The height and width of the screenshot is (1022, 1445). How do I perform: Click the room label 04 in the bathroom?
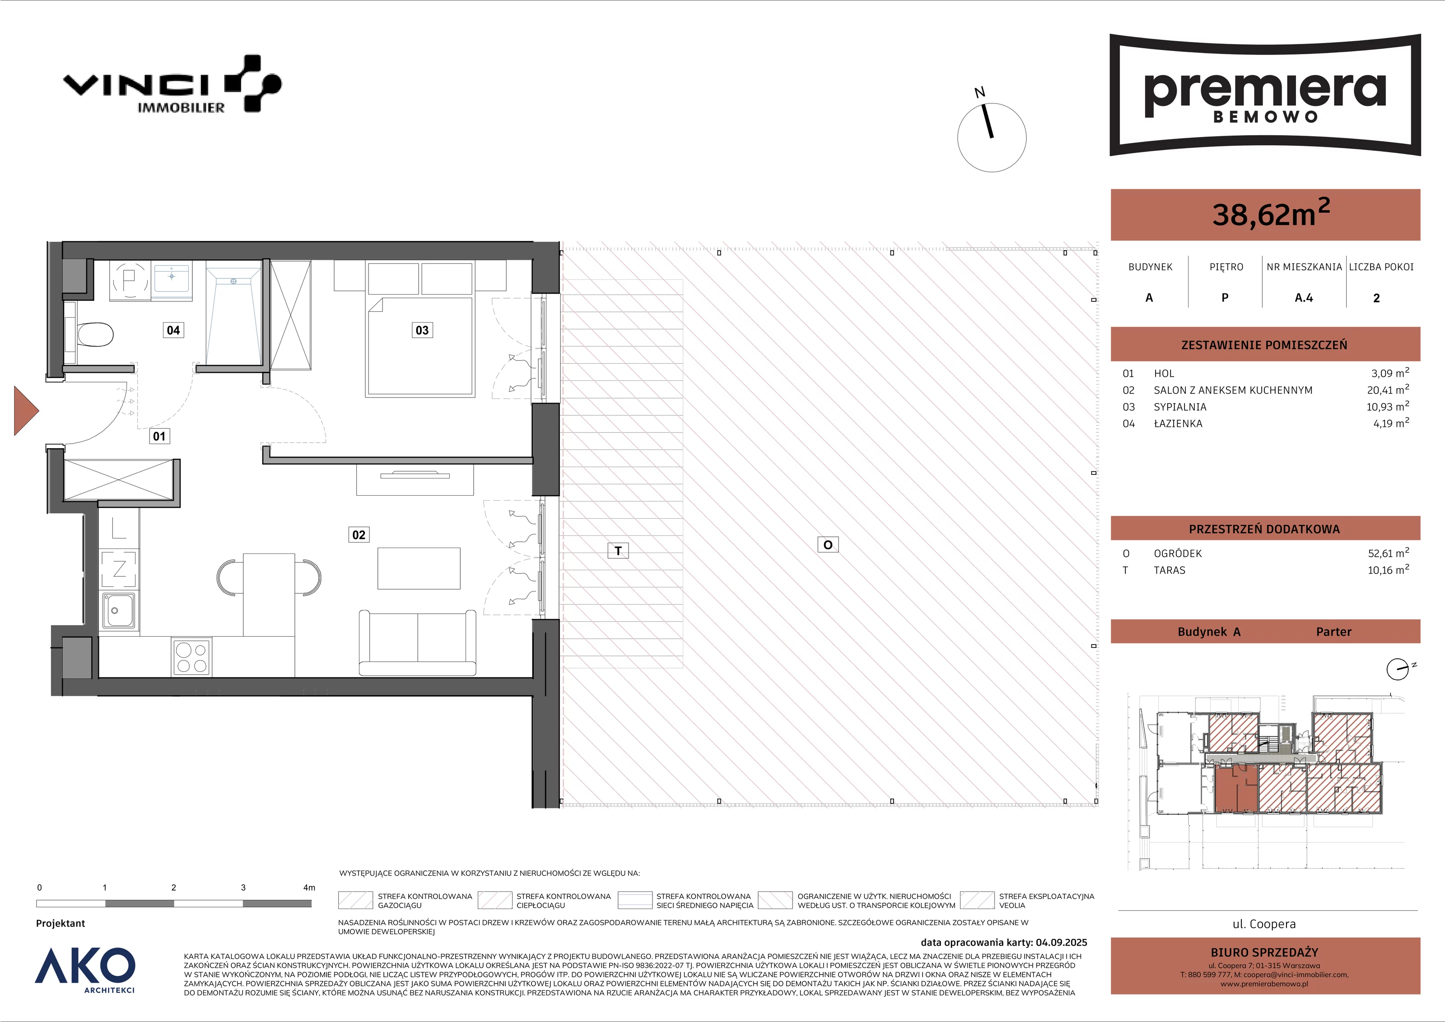point(173,330)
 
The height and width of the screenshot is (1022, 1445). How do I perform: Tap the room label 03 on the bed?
point(422,330)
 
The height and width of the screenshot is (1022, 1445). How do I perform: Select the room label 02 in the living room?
point(359,534)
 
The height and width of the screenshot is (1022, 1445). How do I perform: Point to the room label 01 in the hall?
point(159,436)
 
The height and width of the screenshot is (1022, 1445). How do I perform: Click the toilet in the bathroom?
point(94,334)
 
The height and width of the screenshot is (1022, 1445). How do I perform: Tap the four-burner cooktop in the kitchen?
point(192,657)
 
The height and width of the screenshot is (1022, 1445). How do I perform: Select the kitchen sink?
point(118,609)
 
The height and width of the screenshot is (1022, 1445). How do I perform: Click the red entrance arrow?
point(26,411)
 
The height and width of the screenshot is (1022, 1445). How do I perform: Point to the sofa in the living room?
point(417,643)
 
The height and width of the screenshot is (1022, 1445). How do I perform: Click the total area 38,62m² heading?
point(1271,213)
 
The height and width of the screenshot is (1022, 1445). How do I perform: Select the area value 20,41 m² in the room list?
point(1388,390)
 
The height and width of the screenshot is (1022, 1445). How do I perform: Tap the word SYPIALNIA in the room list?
point(1180,407)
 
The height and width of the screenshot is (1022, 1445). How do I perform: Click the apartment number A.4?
point(1304,298)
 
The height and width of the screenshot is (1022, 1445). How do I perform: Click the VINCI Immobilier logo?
point(172,84)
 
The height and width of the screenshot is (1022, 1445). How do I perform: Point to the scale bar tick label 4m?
point(309,887)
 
